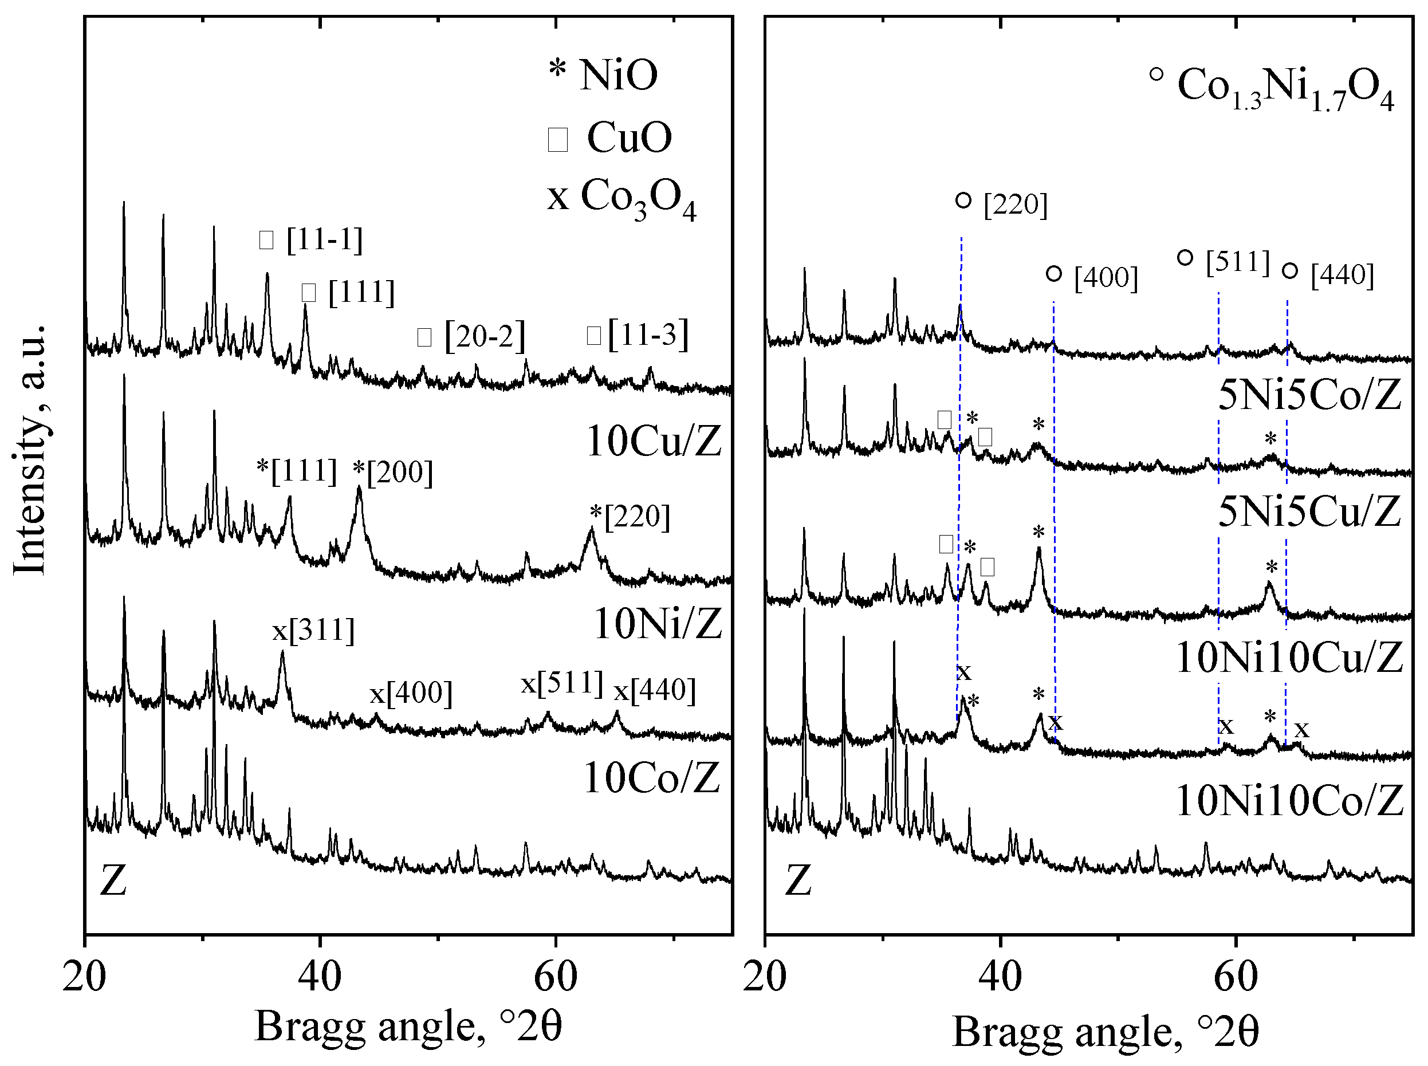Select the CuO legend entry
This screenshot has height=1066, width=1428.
[x=610, y=137]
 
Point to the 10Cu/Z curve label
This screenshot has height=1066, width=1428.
[x=653, y=442]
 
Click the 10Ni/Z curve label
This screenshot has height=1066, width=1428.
[x=657, y=624]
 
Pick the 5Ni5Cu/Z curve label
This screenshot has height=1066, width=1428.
[x=1310, y=511]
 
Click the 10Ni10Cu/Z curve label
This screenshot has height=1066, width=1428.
[x=1289, y=658]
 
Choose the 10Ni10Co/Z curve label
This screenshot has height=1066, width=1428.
[x=1289, y=801]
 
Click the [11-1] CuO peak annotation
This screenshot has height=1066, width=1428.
[x=311, y=239]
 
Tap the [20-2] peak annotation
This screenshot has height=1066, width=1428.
[x=471, y=336]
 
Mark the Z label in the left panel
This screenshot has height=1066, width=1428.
[x=113, y=881]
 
